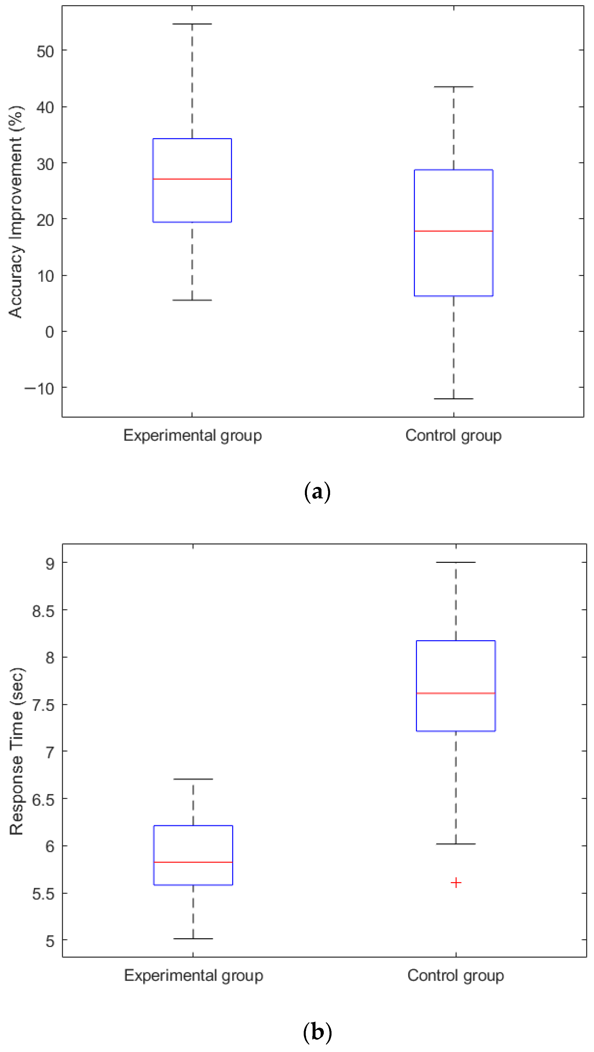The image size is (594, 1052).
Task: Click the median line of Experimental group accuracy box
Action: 192,179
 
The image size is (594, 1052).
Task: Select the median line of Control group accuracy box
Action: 454,231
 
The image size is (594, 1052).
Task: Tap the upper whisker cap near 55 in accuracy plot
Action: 192,24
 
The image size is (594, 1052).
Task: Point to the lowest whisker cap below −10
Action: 454,399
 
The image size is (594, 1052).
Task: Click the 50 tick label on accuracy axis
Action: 45,52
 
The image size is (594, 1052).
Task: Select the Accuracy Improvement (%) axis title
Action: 16,212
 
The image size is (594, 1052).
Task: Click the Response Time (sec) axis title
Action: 16,752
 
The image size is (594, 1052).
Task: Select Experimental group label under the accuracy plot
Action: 193,435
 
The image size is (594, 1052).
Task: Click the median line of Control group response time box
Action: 456,693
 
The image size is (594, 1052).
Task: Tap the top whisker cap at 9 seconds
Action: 456,562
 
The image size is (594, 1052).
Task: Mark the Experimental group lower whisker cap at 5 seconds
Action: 193,939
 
